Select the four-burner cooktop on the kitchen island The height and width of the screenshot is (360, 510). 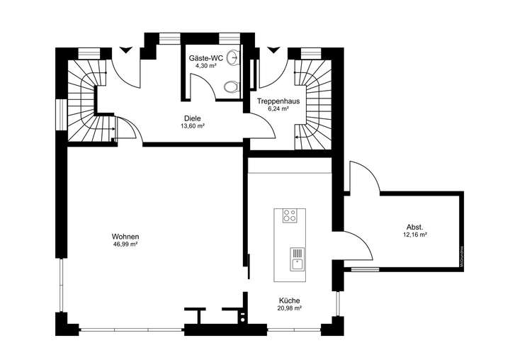[290, 216]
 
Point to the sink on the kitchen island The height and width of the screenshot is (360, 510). [296, 259]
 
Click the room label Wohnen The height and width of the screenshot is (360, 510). [125, 237]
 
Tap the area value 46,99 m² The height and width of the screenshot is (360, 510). [125, 244]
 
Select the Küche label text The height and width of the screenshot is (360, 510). [290, 300]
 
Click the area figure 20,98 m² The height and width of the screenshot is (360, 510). [290, 308]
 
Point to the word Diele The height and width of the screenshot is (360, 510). [193, 119]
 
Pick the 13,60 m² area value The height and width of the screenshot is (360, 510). [193, 126]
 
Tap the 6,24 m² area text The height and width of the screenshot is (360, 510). [278, 109]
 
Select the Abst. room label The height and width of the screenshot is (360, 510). [414, 227]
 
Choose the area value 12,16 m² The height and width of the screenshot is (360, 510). [414, 234]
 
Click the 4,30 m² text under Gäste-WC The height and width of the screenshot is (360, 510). [206, 66]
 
